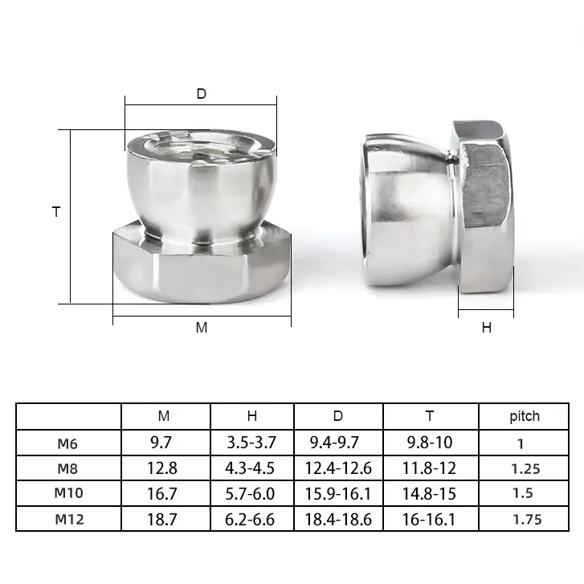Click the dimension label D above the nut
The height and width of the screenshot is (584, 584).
[201, 94]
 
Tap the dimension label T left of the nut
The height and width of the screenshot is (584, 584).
[56, 212]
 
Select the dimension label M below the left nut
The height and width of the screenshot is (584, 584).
[202, 328]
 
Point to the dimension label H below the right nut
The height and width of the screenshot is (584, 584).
[487, 328]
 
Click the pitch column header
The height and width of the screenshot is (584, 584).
[525, 416]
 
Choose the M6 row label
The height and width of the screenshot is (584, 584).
[67, 443]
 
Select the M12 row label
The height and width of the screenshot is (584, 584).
[70, 519]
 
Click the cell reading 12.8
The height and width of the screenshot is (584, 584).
[162, 468]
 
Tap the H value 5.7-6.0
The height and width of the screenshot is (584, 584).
[250, 494]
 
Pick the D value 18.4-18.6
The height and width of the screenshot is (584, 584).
[338, 520]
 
